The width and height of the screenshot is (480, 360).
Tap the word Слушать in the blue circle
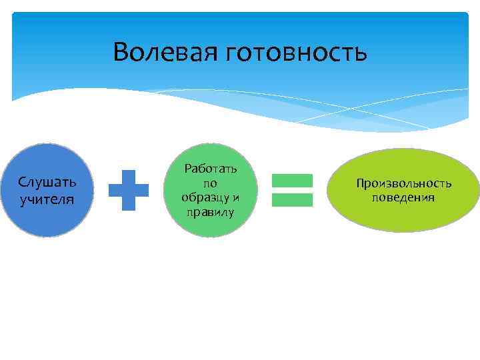(47, 182)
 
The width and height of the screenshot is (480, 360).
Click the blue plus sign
(129, 191)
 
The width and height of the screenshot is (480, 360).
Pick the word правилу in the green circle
(210, 212)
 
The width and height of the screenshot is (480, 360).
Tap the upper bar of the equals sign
(292, 180)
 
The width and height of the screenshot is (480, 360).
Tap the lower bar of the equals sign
(292, 199)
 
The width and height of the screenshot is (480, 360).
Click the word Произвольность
(403, 183)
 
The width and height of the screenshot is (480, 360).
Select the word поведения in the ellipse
(403, 197)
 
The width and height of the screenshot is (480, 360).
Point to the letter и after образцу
(235, 198)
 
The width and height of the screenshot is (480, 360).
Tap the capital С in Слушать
(22, 182)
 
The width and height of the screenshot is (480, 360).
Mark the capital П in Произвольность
(360, 183)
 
